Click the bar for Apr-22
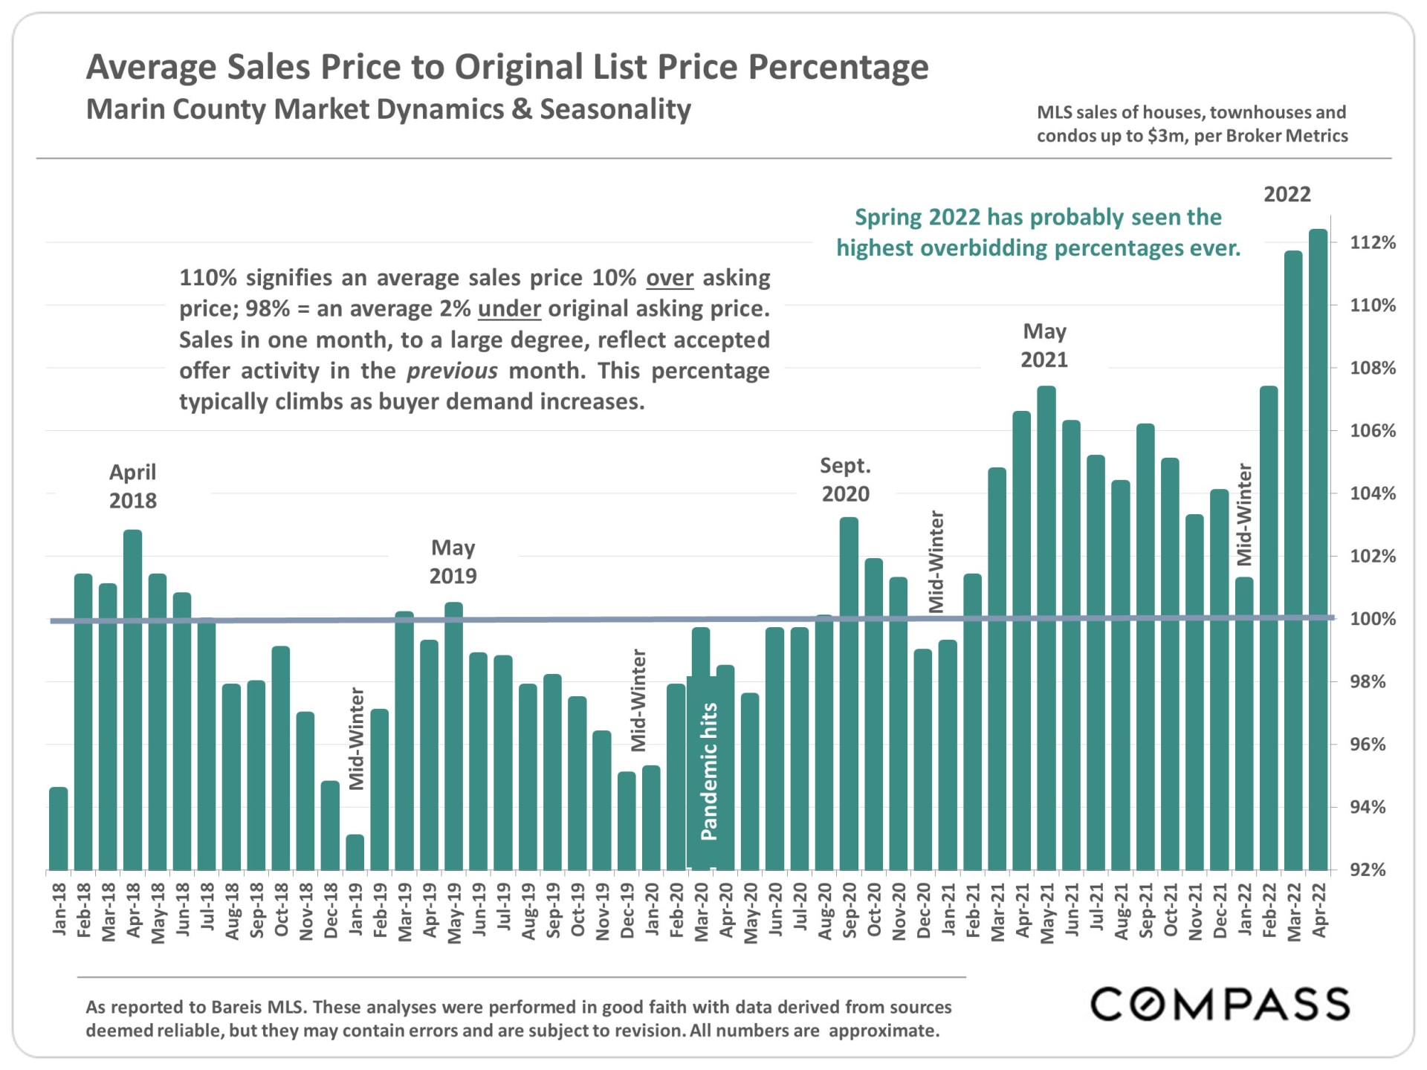coord(1318,550)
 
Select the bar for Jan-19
coord(355,852)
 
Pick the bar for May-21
coord(1046,628)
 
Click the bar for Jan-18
coord(59,829)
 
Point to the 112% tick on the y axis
coord(1372,242)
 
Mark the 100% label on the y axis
coord(1372,619)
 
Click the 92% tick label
coord(1368,869)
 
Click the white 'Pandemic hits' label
coord(709,771)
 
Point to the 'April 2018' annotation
coord(133,486)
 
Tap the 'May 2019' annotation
coord(453,562)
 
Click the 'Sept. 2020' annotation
coord(845,479)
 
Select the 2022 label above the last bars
coord(1287,195)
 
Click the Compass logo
coord(1220,1004)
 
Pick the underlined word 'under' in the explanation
coord(509,308)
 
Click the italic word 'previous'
coord(452,371)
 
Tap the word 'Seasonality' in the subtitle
coord(615,109)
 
